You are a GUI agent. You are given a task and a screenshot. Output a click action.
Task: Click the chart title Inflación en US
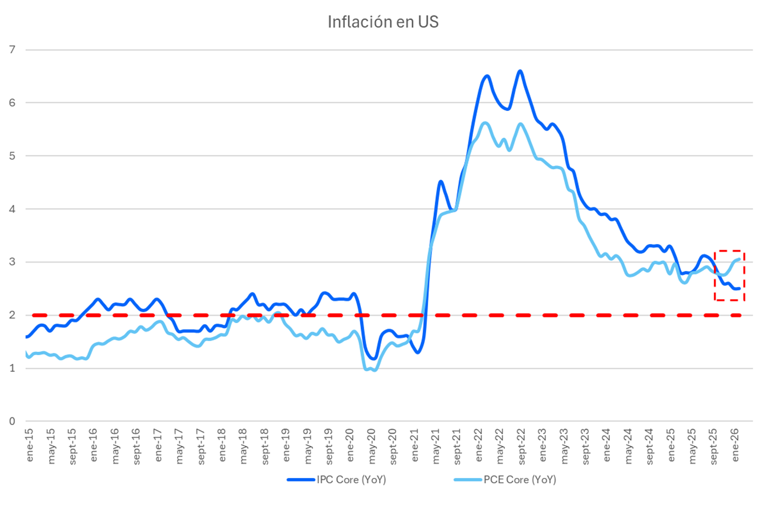[383, 22]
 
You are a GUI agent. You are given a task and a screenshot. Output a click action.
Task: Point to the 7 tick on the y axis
[13, 50]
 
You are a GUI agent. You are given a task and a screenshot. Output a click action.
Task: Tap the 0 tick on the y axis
[13, 422]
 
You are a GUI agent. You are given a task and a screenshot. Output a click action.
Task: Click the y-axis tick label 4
[13, 209]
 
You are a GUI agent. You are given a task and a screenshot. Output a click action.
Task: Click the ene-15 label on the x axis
[27, 441]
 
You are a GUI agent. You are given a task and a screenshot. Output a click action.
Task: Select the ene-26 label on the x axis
[736, 441]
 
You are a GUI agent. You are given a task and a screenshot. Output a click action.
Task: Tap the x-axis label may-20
[371, 441]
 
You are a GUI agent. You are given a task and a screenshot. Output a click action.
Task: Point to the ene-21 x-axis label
[413, 441]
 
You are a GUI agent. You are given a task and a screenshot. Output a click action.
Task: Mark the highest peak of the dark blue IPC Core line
[520, 71]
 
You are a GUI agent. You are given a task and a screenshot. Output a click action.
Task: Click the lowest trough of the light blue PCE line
[374, 370]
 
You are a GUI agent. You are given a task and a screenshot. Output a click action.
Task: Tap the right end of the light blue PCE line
[739, 259]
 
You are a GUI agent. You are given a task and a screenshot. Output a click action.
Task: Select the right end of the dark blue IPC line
[739, 288]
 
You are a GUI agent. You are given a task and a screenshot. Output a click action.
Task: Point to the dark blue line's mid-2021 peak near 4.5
[440, 182]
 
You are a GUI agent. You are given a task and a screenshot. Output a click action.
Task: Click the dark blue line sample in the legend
[300, 480]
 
